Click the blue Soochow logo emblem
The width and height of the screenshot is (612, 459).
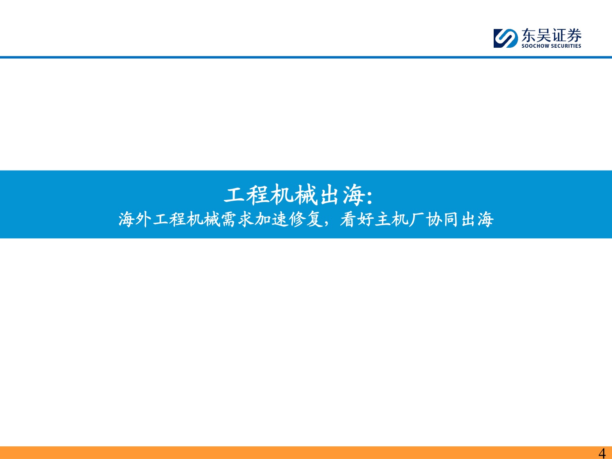click(x=506, y=38)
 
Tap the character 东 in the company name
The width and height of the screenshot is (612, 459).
click(x=529, y=35)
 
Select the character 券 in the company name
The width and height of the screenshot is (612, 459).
click(x=574, y=35)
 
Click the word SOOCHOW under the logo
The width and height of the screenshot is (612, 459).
click(x=535, y=46)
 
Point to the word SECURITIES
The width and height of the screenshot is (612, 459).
click(x=566, y=46)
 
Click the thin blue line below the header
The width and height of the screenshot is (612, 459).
click(x=306, y=58)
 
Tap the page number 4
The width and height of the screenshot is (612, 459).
click(x=602, y=453)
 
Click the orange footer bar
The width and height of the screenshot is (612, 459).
click(x=286, y=452)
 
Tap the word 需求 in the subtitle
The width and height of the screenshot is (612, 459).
click(x=238, y=220)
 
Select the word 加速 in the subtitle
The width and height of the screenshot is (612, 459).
click(x=272, y=220)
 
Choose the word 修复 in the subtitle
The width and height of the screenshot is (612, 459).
click(x=306, y=220)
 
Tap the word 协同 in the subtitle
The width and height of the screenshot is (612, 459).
click(x=443, y=220)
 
